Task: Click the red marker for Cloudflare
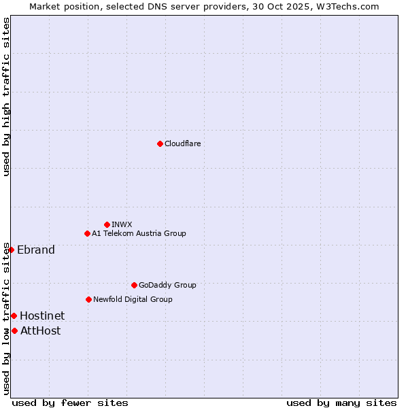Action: pyautogui.click(x=160, y=143)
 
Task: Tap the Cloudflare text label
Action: pyautogui.click(x=182, y=143)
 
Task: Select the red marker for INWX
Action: pyautogui.click(x=107, y=224)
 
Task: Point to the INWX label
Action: pyautogui.click(x=122, y=224)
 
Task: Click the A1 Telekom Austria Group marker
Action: pyautogui.click(x=87, y=233)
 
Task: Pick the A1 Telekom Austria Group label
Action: pyautogui.click(x=139, y=233)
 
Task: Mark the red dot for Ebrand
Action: pyautogui.click(x=11, y=250)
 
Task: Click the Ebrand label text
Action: pyautogui.click(x=36, y=250)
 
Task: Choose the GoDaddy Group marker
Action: pyautogui.click(x=134, y=285)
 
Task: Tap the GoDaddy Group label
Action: pyautogui.click(x=167, y=285)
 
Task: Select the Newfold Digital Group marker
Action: pyautogui.click(x=88, y=299)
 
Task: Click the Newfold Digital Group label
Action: pyautogui.click(x=133, y=299)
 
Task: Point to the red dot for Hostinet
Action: pyautogui.click(x=14, y=316)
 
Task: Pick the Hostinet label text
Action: pyautogui.click(x=42, y=316)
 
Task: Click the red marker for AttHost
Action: pyautogui.click(x=14, y=330)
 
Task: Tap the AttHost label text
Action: pyautogui.click(x=40, y=330)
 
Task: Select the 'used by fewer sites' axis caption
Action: pyautogui.click(x=70, y=403)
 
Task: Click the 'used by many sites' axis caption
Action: pyautogui.click(x=341, y=403)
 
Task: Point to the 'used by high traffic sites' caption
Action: pyautogui.click(x=6, y=97)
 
